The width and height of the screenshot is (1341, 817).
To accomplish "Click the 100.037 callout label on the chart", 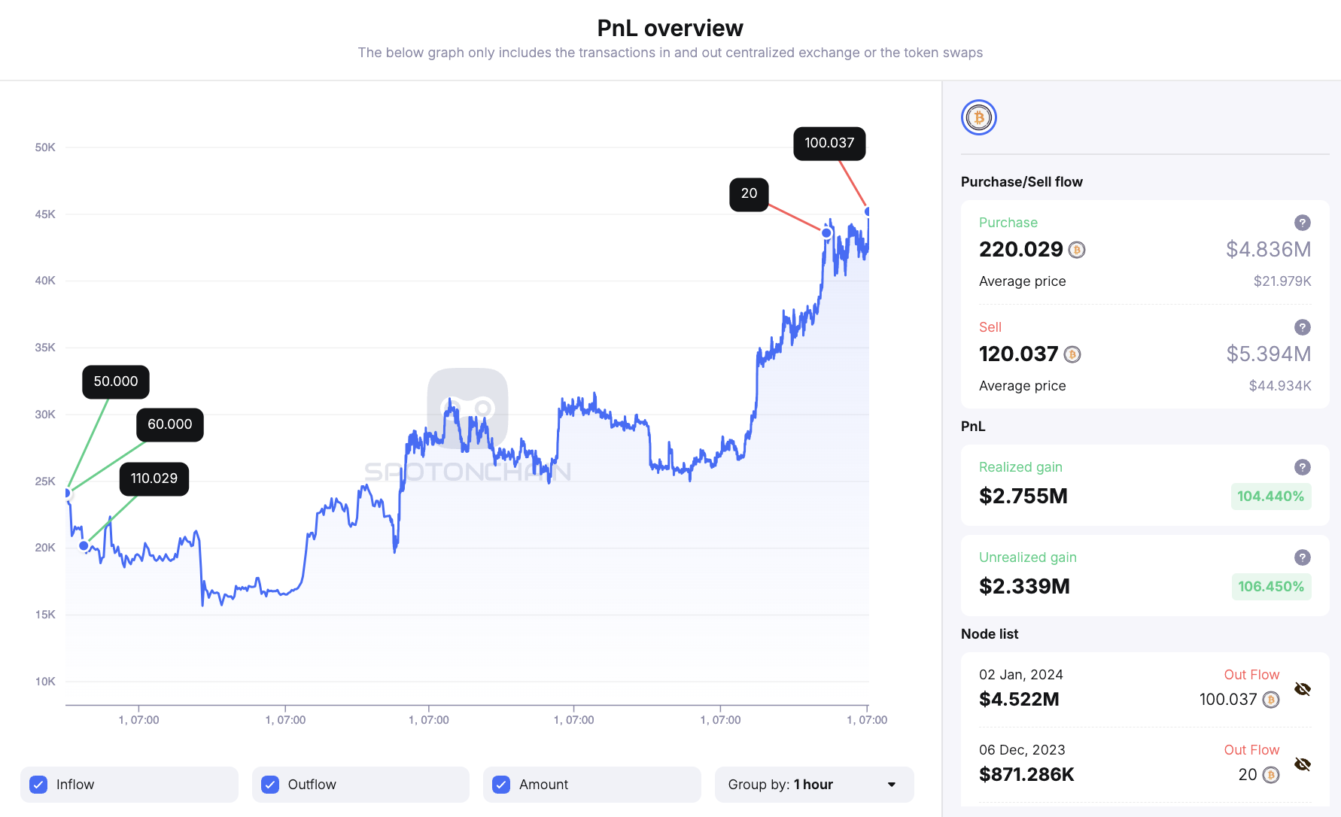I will (x=829, y=143).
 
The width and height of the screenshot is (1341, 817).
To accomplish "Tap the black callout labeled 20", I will (x=749, y=194).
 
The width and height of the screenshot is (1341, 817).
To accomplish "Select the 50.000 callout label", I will (x=116, y=381).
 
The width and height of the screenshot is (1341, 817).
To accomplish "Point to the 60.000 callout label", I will (x=170, y=424).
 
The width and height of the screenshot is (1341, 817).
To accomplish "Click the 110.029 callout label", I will (x=154, y=478).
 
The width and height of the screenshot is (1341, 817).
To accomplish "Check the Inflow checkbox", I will (x=38, y=785).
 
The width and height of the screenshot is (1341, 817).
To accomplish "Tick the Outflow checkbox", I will (x=270, y=785).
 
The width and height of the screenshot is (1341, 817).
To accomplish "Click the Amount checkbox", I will (x=501, y=785).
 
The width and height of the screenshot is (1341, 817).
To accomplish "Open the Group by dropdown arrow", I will (x=892, y=785).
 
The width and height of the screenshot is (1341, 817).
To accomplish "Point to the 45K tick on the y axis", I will (x=45, y=214).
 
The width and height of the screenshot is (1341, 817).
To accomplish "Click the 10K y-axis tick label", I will (x=45, y=682).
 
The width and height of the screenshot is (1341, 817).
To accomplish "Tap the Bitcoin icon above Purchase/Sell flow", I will (x=979, y=118).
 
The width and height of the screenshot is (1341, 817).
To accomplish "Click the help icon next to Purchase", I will (x=1303, y=223).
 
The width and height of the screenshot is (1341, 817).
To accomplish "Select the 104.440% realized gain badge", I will (x=1270, y=497).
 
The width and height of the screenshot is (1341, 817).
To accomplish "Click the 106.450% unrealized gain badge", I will (x=1271, y=587).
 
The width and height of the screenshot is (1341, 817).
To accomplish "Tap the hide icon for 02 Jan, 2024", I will (x=1303, y=689).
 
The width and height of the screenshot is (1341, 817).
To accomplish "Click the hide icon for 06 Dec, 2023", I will (x=1303, y=764).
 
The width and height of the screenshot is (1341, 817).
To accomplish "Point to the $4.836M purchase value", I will (x=1268, y=250).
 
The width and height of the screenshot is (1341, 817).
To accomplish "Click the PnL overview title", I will (x=670, y=29).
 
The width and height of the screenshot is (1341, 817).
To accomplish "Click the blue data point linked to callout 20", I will (x=826, y=233).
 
